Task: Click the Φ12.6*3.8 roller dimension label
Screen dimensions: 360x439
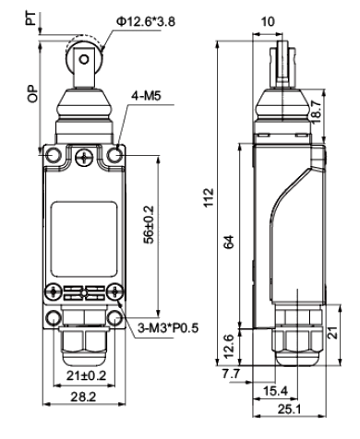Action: click(146, 22)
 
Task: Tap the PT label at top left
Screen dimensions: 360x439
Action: click(31, 18)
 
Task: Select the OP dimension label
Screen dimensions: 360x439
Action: click(32, 93)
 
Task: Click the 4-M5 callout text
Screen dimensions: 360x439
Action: click(147, 96)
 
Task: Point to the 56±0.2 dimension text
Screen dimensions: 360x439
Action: click(150, 224)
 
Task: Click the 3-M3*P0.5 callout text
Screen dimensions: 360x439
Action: click(168, 328)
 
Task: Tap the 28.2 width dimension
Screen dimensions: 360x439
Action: click(83, 397)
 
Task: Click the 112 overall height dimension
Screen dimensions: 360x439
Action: click(209, 197)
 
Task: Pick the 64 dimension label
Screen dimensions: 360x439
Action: click(229, 242)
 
